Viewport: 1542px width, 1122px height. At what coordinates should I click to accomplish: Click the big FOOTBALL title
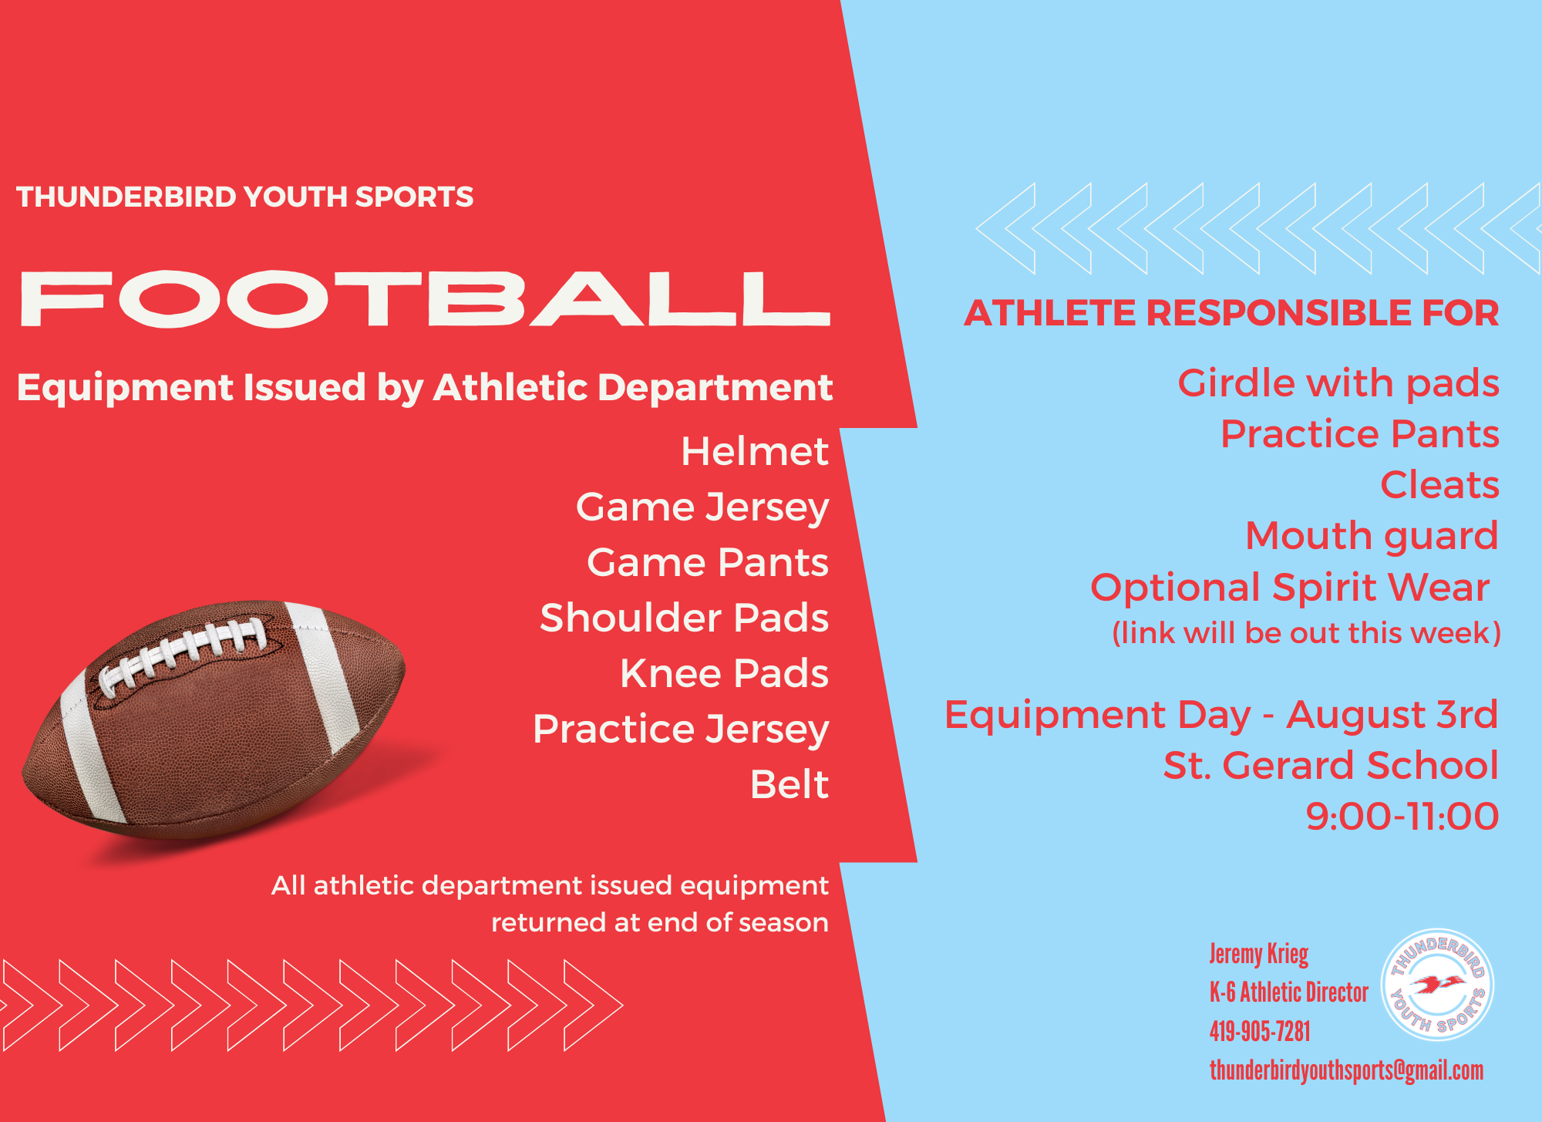pyautogui.click(x=425, y=298)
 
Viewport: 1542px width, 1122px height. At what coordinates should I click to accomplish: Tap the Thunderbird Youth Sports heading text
pyautogui.click(x=245, y=197)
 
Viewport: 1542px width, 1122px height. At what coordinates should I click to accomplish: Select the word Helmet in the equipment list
pyautogui.click(x=755, y=451)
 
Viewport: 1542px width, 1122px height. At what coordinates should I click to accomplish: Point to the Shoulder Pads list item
pyautogui.click(x=685, y=618)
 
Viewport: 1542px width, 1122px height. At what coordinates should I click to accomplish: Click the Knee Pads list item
pyautogui.click(x=725, y=673)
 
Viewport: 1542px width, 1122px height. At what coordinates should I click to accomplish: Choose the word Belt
pyautogui.click(x=790, y=784)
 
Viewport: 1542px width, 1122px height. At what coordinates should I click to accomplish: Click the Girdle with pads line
pyautogui.click(x=1338, y=383)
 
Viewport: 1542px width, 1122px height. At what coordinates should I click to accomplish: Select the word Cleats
pyautogui.click(x=1439, y=484)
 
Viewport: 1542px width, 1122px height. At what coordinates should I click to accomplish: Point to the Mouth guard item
pyautogui.click(x=1372, y=536)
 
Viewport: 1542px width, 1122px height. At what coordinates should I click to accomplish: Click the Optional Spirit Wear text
pyautogui.click(x=1290, y=588)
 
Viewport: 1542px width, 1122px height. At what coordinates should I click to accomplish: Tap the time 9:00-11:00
pyautogui.click(x=1402, y=816)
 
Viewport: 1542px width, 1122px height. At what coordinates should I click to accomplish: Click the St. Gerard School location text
pyautogui.click(x=1332, y=765)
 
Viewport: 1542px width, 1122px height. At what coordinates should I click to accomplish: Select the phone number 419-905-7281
pyautogui.click(x=1260, y=1031)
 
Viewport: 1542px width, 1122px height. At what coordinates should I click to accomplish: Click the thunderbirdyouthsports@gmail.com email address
pyautogui.click(x=1346, y=1070)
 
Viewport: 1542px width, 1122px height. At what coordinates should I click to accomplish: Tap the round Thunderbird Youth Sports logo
pyautogui.click(x=1437, y=985)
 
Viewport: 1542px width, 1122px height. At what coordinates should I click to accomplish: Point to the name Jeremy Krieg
pyautogui.click(x=1259, y=955)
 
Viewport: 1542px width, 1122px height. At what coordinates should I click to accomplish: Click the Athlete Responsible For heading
pyautogui.click(x=1231, y=313)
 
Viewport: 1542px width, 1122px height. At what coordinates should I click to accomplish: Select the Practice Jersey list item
pyautogui.click(x=681, y=729)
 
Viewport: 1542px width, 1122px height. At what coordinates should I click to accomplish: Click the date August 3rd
pyautogui.click(x=1392, y=715)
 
